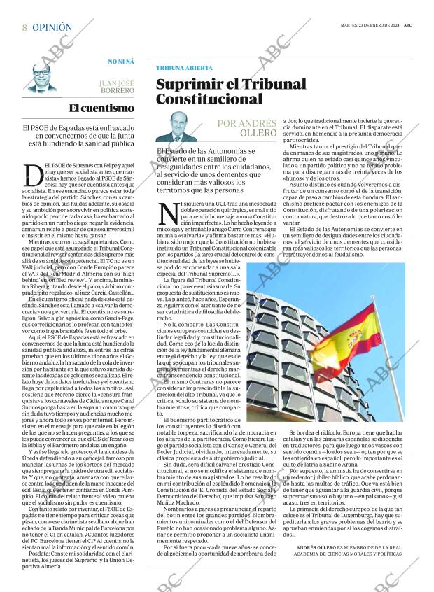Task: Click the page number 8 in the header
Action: [24, 27]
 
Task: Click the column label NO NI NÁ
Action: [121, 62]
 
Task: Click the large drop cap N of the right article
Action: [168, 212]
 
